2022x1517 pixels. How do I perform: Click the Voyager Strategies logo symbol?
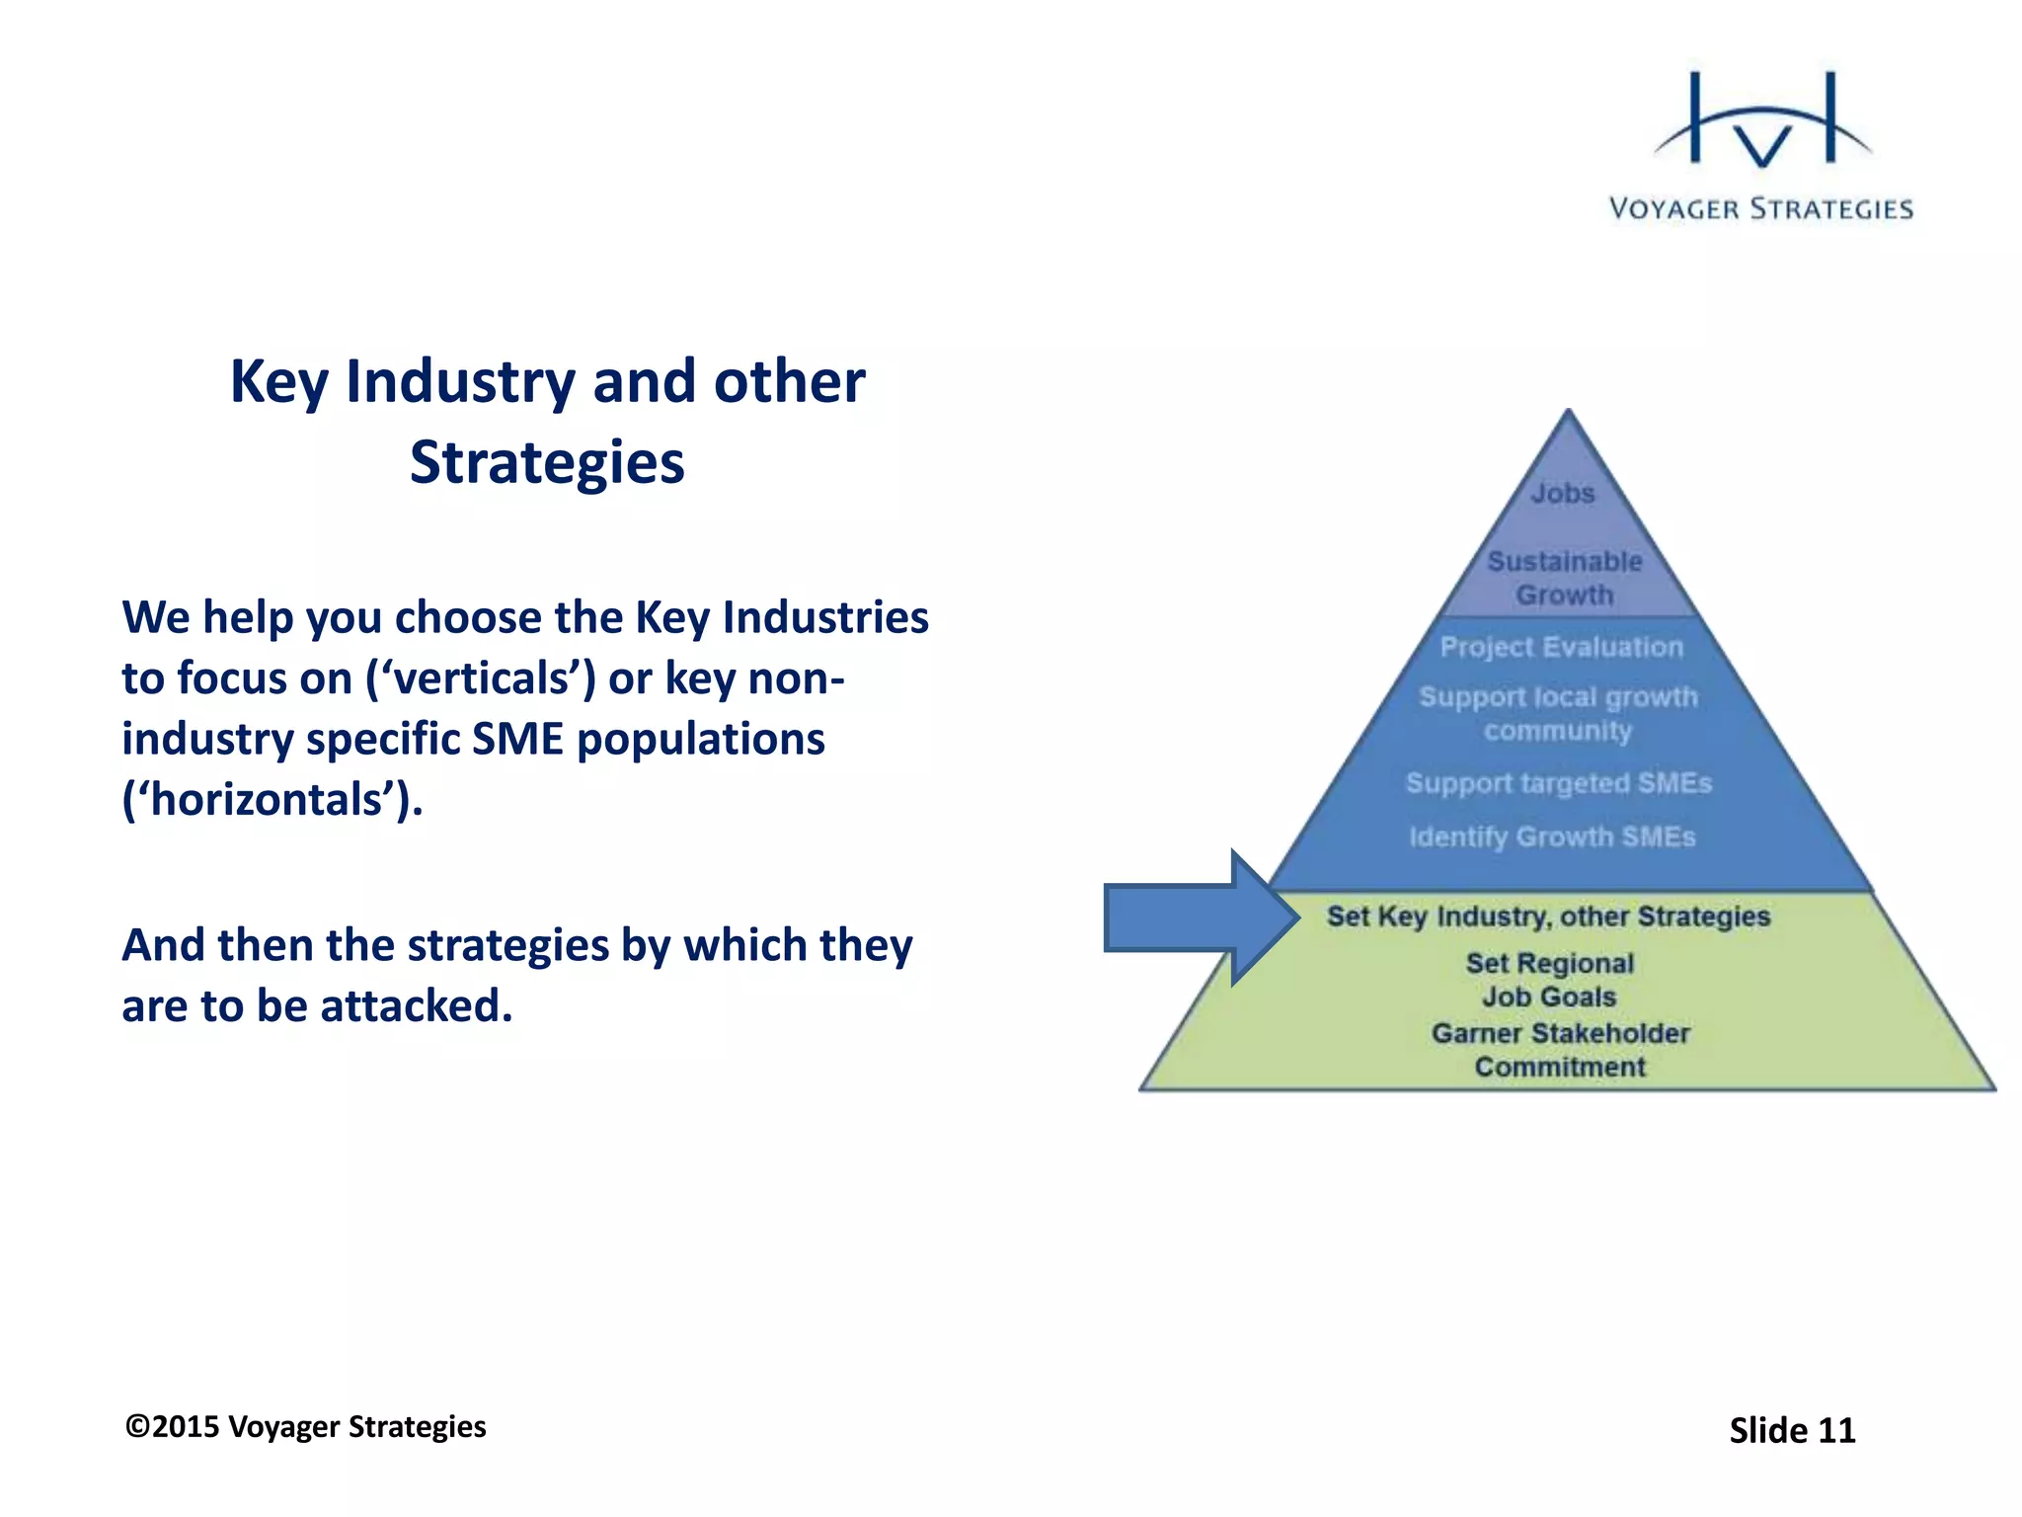[x=1762, y=122]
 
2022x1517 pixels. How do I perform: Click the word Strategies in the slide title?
[x=547, y=462]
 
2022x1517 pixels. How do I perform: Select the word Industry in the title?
[x=460, y=381]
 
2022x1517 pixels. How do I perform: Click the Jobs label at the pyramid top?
[x=1563, y=493]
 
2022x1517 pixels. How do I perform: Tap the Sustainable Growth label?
[x=1565, y=578]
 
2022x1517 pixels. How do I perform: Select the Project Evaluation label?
[x=1561, y=647]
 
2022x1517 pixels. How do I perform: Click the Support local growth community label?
[x=1558, y=713]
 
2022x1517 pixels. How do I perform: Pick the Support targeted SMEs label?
[x=1558, y=783]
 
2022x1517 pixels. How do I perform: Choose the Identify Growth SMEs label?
[x=1552, y=837]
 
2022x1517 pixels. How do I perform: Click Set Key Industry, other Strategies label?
[x=1548, y=917]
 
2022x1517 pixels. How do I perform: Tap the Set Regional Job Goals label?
[x=1549, y=980]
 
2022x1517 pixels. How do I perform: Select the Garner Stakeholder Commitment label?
[x=1561, y=1050]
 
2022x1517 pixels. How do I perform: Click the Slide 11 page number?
[x=1792, y=1430]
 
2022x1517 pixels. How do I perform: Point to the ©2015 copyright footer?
[x=305, y=1427]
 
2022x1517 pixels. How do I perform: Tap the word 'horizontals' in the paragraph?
[x=272, y=799]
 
